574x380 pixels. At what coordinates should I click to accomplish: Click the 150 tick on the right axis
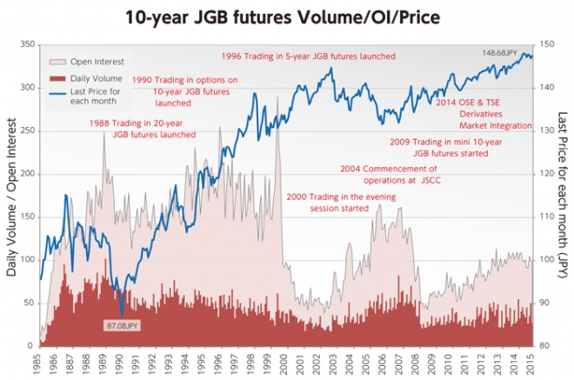pyautogui.click(x=548, y=44)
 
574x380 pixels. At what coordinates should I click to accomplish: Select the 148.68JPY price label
pyautogui.click(x=499, y=53)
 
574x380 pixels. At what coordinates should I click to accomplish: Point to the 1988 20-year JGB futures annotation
pyautogui.click(x=143, y=129)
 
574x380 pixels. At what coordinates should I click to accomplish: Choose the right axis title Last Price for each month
pyautogui.click(x=564, y=195)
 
